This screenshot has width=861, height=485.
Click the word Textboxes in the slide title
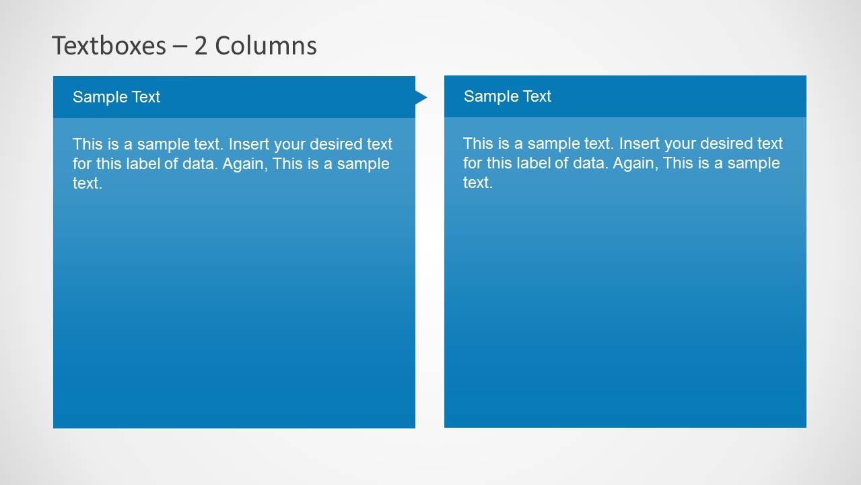click(x=108, y=46)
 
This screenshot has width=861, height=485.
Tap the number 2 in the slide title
click(x=201, y=46)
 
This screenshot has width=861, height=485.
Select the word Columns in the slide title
click(x=266, y=46)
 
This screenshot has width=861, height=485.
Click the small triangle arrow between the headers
click(x=421, y=98)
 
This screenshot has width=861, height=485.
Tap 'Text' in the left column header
click(x=145, y=97)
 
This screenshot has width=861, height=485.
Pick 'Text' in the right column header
click(x=537, y=96)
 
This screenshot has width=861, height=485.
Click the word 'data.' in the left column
click(x=199, y=164)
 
